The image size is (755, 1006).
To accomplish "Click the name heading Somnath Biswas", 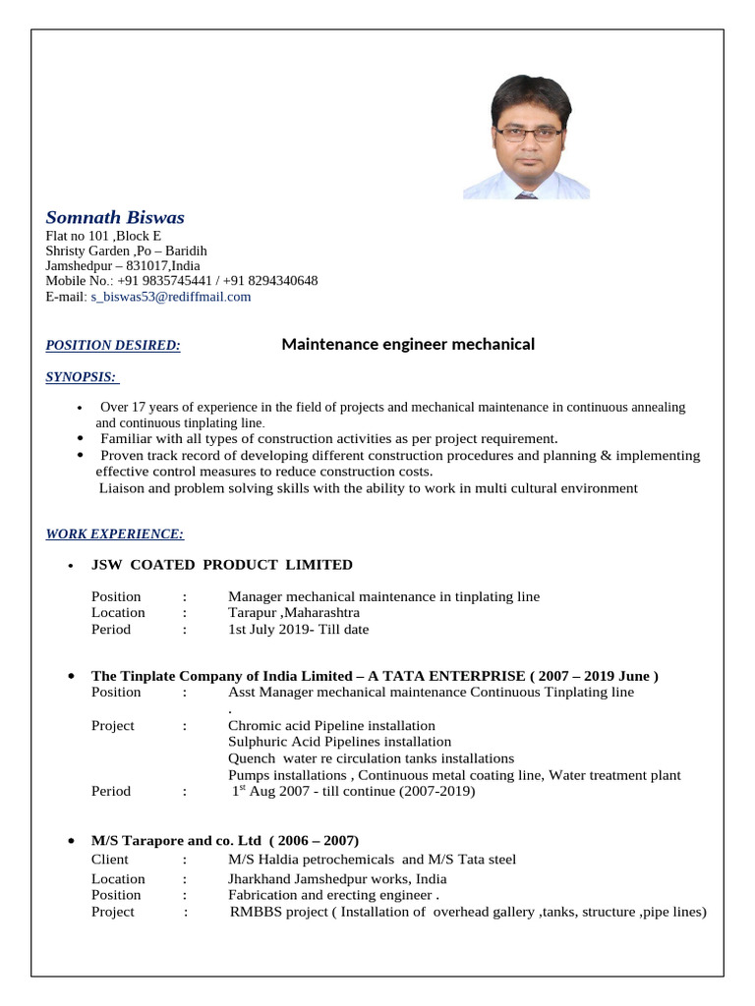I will click(x=115, y=217).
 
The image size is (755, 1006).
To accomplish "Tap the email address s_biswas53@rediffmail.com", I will click(x=171, y=296).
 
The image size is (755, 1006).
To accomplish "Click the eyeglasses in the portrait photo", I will click(x=528, y=133).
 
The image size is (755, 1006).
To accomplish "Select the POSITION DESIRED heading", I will click(x=113, y=345).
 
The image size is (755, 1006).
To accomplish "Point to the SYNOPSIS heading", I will click(x=82, y=376).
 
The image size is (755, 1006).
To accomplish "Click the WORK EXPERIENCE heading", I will click(x=115, y=533).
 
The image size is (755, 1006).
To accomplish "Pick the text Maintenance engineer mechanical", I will click(x=408, y=344).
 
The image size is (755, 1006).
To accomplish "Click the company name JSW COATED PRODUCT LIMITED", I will click(x=221, y=565).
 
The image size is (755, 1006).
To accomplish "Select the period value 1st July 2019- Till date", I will click(x=298, y=629).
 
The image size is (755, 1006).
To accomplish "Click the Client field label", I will click(x=109, y=860).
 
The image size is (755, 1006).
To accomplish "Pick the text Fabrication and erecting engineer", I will click(x=331, y=895).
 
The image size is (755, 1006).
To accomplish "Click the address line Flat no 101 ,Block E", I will click(x=103, y=236).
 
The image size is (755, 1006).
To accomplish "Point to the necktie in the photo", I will click(x=526, y=195).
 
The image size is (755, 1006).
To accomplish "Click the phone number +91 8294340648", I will click(x=267, y=281).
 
